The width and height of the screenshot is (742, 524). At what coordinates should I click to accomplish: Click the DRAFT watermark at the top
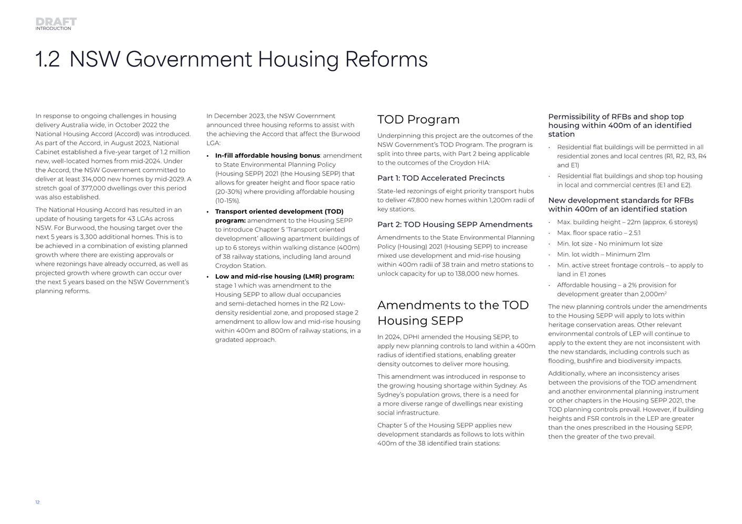56,21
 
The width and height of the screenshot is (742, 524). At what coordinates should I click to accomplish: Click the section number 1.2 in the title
47,59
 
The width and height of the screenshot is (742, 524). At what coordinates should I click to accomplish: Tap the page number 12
37,502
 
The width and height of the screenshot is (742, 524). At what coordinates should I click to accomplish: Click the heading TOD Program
418,119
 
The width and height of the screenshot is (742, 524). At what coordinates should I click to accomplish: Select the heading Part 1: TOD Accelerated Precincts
440,178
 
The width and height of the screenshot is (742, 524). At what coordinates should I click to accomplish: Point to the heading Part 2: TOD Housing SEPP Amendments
455,225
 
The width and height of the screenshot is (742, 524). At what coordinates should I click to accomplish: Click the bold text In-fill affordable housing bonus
267,156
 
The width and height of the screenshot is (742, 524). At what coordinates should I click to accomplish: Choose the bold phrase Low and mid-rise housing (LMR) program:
284,277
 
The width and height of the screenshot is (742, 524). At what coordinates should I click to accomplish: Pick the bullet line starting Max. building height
627,222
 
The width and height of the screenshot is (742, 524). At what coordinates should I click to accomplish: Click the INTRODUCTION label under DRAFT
53,28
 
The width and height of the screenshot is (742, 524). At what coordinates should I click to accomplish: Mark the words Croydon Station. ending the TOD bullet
240,266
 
